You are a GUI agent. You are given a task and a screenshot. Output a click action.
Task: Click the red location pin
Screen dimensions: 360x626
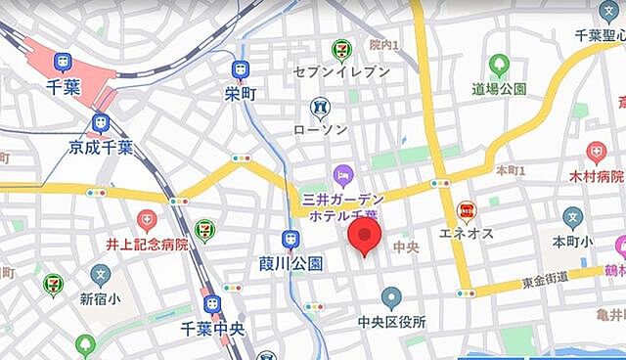pos(365,236)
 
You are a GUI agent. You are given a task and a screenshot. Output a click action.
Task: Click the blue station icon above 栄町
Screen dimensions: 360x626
pos(240,69)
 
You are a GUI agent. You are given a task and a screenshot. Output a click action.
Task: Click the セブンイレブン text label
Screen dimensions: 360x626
pos(341,70)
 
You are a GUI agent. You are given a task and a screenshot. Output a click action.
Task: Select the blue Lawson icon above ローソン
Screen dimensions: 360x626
pos(320,107)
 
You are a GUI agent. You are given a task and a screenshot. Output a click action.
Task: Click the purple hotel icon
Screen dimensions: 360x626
pos(341,176)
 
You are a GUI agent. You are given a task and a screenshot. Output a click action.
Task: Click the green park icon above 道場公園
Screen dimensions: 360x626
pos(499,66)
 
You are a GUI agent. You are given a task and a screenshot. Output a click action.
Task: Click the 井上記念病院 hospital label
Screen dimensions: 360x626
pos(147,244)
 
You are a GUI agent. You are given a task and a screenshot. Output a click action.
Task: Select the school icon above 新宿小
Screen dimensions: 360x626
pos(100,275)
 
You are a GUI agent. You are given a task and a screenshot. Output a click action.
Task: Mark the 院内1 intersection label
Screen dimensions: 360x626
pos(384,45)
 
